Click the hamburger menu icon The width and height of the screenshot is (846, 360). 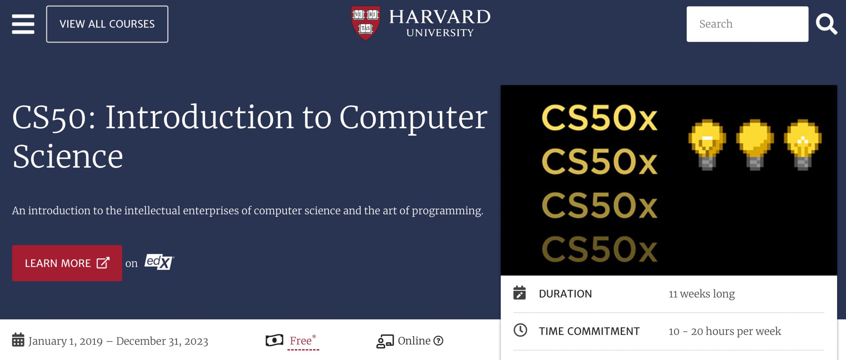point(23,24)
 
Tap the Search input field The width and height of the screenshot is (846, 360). point(747,24)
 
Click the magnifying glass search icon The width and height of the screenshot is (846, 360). point(826,24)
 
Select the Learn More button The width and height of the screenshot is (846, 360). point(67,263)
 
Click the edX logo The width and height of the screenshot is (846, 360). point(159,262)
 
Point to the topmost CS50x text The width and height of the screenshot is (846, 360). point(599,118)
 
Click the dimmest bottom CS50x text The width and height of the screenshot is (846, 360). point(599,249)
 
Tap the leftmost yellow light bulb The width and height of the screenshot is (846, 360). point(707,144)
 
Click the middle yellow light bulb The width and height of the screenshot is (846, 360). point(754,144)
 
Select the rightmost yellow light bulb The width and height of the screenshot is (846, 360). point(802,144)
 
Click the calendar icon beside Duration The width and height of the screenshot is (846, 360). point(519,293)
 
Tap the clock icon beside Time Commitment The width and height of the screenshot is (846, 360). point(520,330)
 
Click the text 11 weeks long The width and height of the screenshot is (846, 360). point(702,294)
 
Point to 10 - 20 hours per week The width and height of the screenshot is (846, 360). point(725,331)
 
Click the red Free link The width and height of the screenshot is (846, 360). point(301,340)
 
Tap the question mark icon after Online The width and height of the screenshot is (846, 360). point(438,340)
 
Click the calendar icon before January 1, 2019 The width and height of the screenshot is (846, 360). point(18,340)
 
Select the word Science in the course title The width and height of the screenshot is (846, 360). point(68,156)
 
